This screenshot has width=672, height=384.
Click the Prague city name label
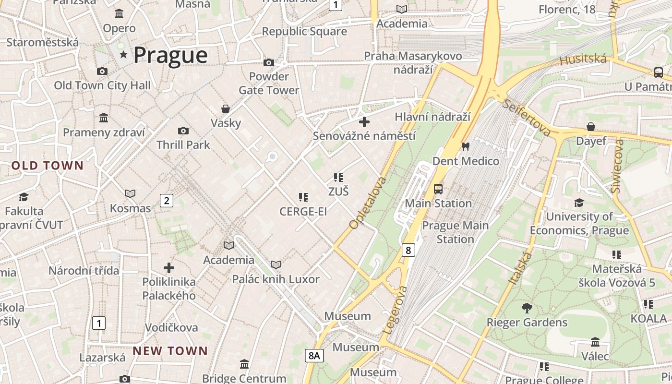tap(170, 55)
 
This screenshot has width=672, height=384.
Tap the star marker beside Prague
tap(123, 55)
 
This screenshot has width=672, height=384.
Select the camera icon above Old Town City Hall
tap(102, 72)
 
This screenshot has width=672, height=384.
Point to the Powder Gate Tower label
tap(269, 83)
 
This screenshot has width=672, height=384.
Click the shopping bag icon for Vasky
tap(225, 109)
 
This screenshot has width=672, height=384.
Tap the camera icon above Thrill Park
tap(183, 131)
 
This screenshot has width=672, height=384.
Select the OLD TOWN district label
tap(48, 166)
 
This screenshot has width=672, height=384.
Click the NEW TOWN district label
tap(170, 351)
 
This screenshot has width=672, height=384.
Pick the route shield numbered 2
tap(166, 201)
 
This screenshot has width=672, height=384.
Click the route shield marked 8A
tap(314, 356)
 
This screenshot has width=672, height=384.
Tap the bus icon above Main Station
tap(438, 189)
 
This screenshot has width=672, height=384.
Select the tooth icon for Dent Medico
tap(465, 146)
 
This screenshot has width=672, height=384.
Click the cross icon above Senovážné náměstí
tap(364, 122)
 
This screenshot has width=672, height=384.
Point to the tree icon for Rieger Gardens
tap(527, 308)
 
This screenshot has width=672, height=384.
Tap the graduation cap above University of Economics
tap(579, 203)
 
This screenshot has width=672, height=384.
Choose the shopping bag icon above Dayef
tap(591, 127)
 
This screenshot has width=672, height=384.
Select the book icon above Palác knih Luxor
tap(276, 264)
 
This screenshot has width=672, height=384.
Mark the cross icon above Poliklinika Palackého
tap(168, 268)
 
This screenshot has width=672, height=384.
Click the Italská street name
tap(520, 268)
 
